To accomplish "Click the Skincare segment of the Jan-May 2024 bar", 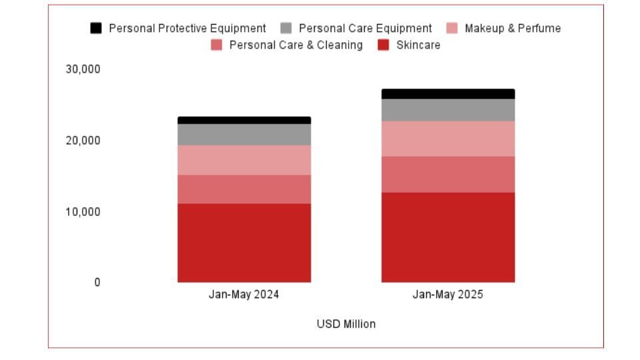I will tap(244, 243).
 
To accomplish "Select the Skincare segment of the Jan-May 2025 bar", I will tap(448, 237).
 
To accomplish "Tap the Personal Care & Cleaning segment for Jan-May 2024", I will tap(244, 189).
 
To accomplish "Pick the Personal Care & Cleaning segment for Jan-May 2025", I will tap(448, 175).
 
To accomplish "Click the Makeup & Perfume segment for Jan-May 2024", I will tap(244, 160).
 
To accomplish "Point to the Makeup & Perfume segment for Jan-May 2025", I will tap(448, 139).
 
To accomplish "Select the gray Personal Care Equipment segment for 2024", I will tap(244, 135).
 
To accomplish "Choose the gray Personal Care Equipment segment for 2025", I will tap(448, 110).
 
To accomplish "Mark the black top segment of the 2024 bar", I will tap(244, 120).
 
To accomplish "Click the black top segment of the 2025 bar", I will tap(448, 94).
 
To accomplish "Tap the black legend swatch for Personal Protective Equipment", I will tap(97, 29).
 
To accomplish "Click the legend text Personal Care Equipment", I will tap(365, 29).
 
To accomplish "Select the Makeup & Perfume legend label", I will tap(512, 29).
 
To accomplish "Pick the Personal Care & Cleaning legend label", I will tap(295, 45).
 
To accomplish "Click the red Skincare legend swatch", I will tap(383, 45).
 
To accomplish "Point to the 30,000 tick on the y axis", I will tap(83, 69).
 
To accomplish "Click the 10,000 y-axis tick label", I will tap(83, 212).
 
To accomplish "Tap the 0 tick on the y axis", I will tap(97, 283).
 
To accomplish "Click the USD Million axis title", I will tap(346, 324).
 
